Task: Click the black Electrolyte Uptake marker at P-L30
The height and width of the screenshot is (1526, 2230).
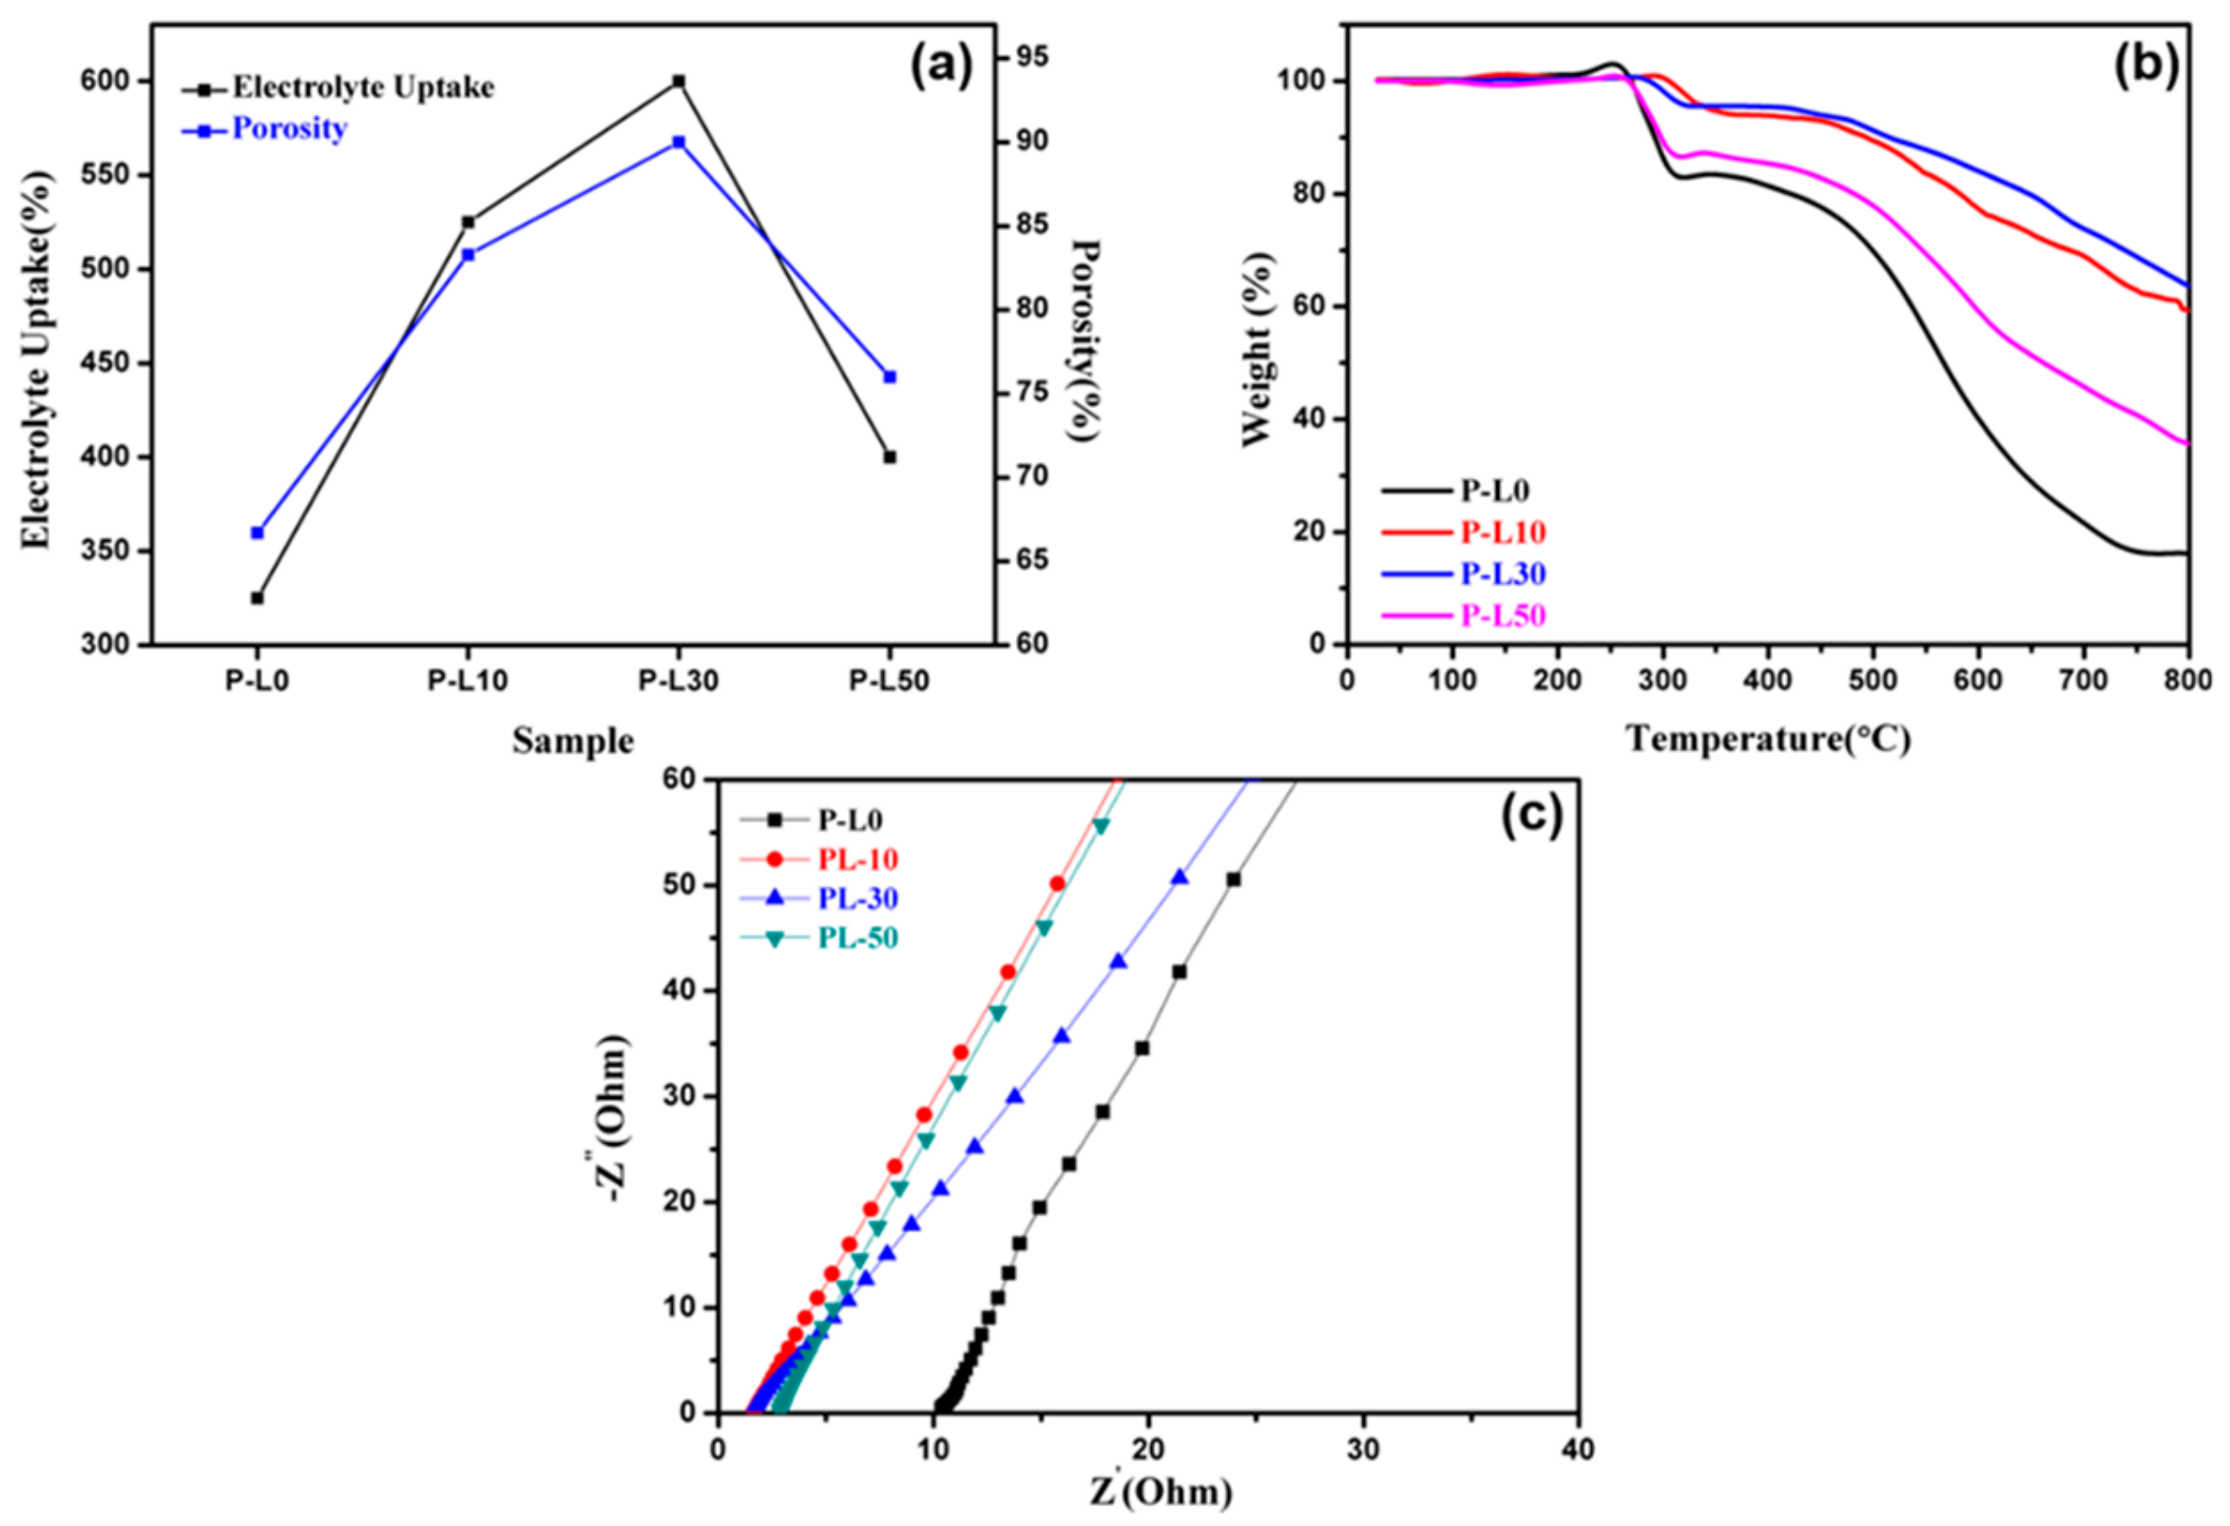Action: pyautogui.click(x=679, y=82)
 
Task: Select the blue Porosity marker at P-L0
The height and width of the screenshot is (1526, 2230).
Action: pyautogui.click(x=258, y=532)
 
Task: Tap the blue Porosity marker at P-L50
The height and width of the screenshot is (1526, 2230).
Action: pyautogui.click(x=890, y=377)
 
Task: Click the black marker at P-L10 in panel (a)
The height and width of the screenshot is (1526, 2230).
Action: pyautogui.click(x=469, y=222)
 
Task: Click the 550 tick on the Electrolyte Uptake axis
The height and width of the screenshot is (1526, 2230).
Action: pyautogui.click(x=106, y=176)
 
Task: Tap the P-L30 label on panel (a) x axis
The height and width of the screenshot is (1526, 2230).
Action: pyautogui.click(x=679, y=682)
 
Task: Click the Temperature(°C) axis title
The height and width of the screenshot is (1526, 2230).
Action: pyautogui.click(x=1767, y=739)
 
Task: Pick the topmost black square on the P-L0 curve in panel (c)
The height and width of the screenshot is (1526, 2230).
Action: pyautogui.click(x=1233, y=879)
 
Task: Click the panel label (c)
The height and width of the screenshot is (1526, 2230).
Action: pyautogui.click(x=1531, y=816)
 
